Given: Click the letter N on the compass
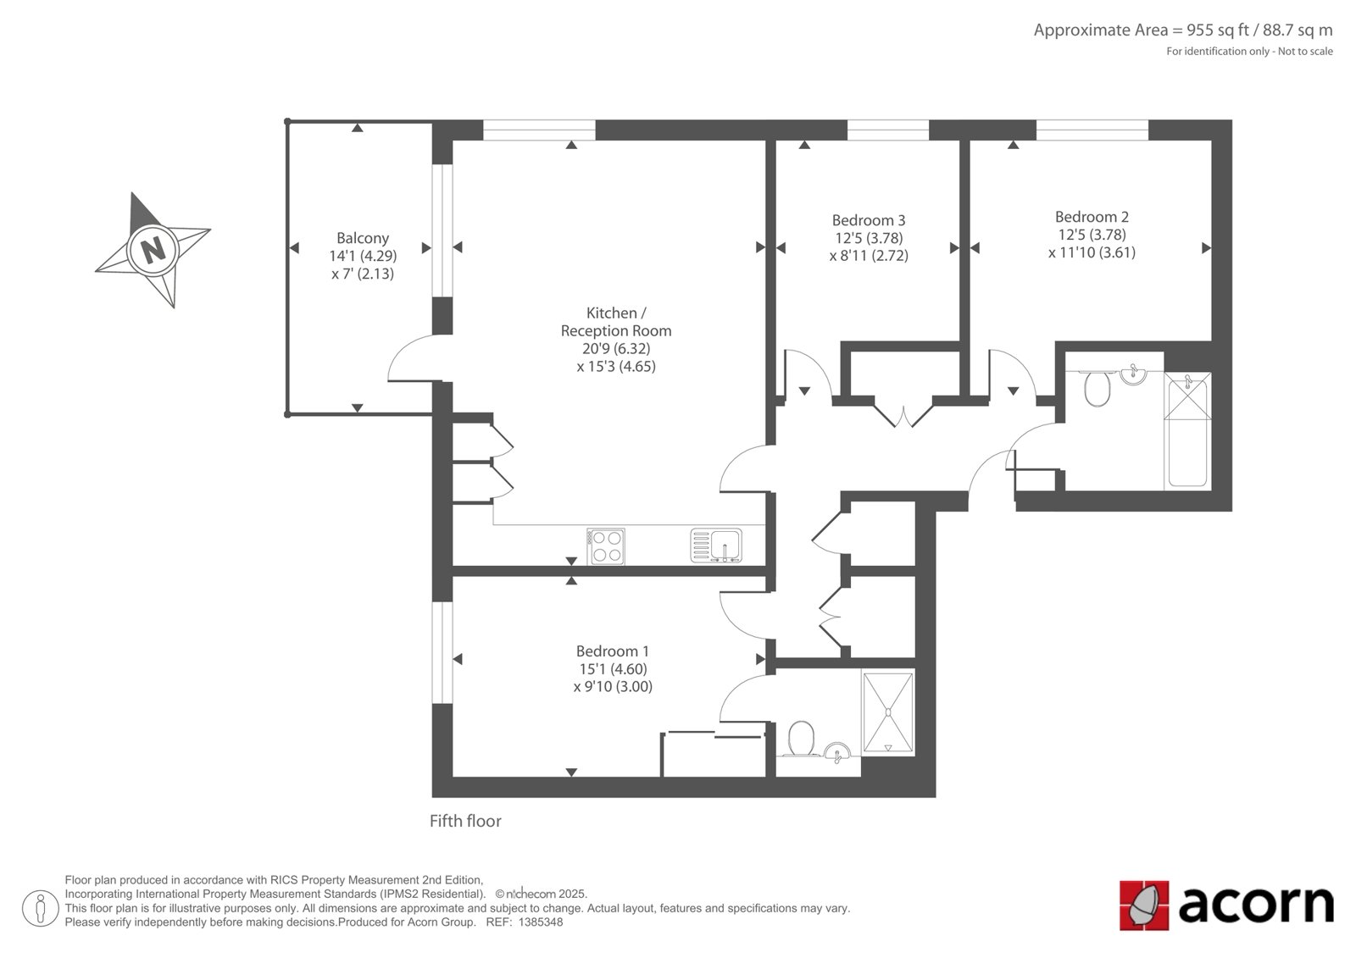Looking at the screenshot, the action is (x=153, y=249).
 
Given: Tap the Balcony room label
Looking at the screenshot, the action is (x=363, y=238).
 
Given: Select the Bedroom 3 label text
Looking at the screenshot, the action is (x=869, y=219).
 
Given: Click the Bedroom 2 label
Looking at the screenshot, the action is (x=1092, y=217).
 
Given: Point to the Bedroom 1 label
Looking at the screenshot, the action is (x=613, y=651).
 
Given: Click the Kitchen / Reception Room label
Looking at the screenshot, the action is (x=616, y=322).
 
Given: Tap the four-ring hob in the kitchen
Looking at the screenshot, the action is (x=607, y=546).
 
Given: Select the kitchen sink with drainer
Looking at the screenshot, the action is (x=716, y=545).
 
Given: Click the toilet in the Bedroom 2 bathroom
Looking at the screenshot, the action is (x=1097, y=389).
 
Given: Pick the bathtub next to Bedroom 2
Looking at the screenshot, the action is (x=1187, y=430).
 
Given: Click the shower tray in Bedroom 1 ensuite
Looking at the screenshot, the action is (x=888, y=712).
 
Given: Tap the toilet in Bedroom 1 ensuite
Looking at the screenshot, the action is (x=802, y=739).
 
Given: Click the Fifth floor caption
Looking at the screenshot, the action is (x=465, y=822).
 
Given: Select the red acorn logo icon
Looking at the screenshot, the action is (x=1144, y=905).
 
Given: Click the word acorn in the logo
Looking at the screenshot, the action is (x=1255, y=905).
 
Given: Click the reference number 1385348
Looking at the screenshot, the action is (x=541, y=922).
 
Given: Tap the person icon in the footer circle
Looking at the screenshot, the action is (x=41, y=908).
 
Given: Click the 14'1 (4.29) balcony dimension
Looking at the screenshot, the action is (x=363, y=256).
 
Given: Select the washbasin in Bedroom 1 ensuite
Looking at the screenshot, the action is (x=838, y=751).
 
